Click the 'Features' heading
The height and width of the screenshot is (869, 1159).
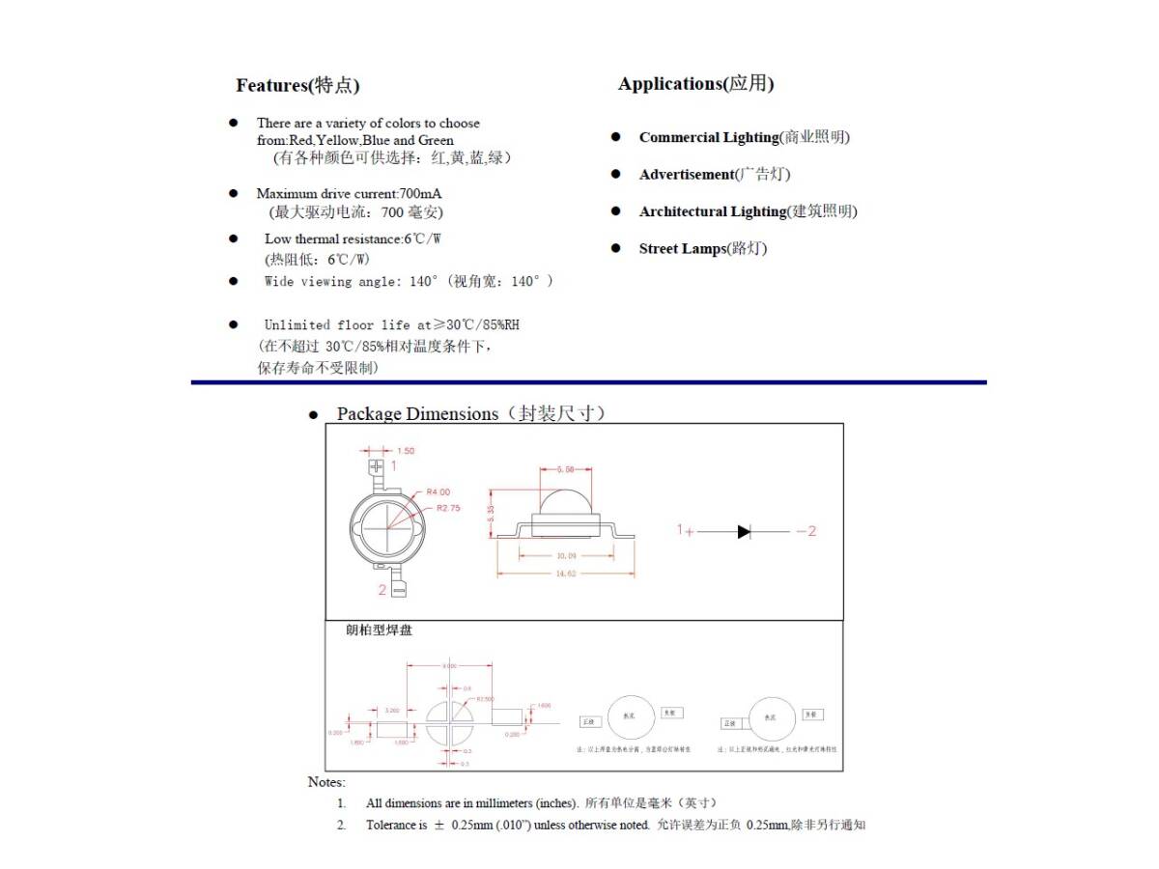(x=297, y=85)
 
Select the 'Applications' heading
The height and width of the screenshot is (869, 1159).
(x=695, y=84)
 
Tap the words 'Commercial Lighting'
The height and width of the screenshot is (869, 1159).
(x=708, y=137)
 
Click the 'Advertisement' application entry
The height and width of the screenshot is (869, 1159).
(x=686, y=175)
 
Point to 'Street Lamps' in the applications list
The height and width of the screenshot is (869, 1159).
(x=681, y=249)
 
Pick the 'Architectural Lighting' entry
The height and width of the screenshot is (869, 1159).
(x=712, y=211)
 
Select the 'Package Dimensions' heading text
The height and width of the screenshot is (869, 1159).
(x=416, y=414)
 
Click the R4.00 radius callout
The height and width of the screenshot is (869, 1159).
(x=438, y=492)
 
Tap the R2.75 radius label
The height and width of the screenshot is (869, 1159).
(x=447, y=507)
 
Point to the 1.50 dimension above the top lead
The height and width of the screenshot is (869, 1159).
(x=406, y=451)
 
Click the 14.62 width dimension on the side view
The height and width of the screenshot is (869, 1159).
(x=565, y=574)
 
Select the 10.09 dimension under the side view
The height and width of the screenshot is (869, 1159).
(x=565, y=555)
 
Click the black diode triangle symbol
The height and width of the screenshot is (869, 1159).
(x=744, y=531)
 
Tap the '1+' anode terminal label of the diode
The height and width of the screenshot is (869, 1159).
(x=685, y=531)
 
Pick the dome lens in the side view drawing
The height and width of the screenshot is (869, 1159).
(x=565, y=503)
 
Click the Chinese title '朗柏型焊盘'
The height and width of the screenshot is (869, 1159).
(x=379, y=631)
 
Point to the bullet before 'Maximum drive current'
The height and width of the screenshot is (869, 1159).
(x=233, y=193)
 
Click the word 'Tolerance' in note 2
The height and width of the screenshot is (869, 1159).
(x=390, y=826)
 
